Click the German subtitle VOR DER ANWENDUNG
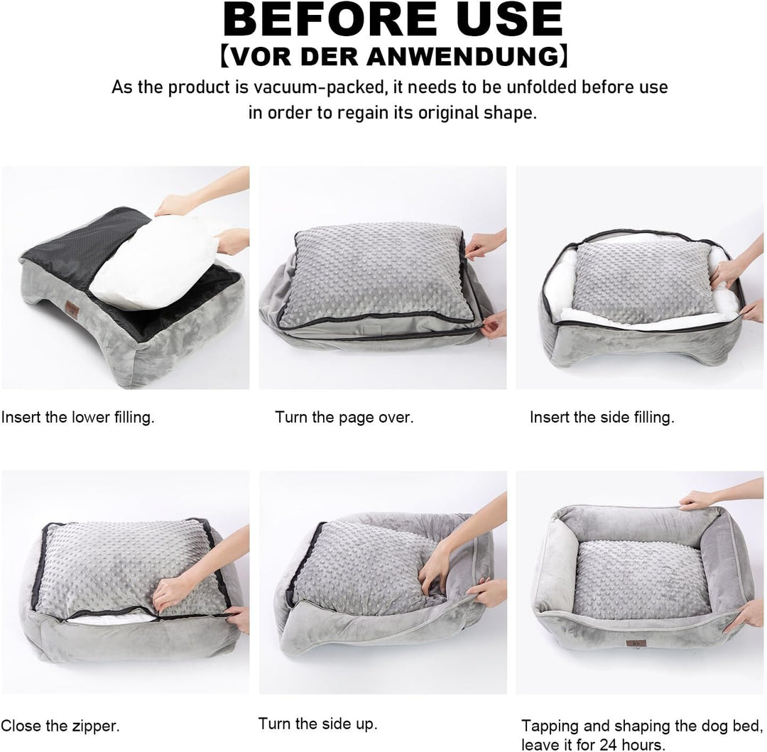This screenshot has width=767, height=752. pos(394,56)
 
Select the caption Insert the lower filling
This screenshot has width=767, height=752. pos(78,417)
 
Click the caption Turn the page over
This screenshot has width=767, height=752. pos(344,417)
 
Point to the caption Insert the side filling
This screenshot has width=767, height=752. pos(602,417)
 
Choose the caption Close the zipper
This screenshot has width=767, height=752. pos(60,726)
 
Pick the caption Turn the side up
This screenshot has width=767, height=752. pos(317,723)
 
